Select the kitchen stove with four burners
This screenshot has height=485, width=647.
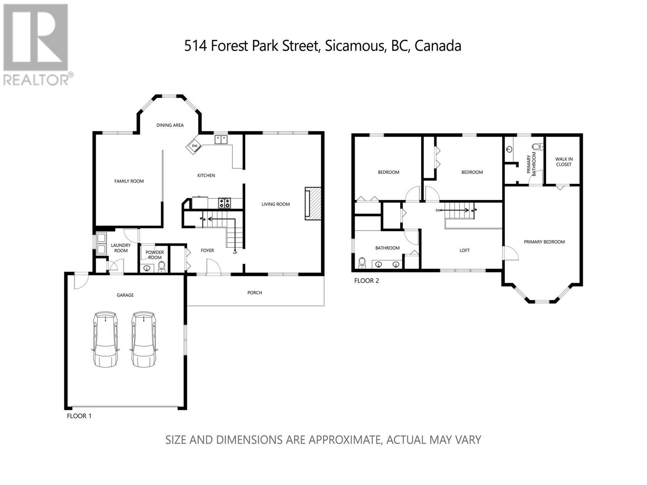click(224, 203)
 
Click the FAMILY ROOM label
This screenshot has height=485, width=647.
click(129, 181)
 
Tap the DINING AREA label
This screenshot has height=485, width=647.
click(170, 125)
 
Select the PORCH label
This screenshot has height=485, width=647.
click(255, 292)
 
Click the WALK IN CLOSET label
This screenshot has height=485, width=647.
click(564, 162)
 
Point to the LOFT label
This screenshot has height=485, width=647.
click(465, 250)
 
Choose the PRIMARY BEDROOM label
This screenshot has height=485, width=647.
click(544, 242)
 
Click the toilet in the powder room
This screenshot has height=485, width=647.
click(161, 267)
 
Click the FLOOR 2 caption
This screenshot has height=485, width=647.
click(366, 280)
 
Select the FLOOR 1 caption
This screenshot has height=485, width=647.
click(79, 416)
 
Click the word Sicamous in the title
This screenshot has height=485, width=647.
click(356, 46)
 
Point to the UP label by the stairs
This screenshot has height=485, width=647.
click(235, 253)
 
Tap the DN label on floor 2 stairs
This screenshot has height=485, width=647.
click(438, 210)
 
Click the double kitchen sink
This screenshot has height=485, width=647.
click(221, 139)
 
